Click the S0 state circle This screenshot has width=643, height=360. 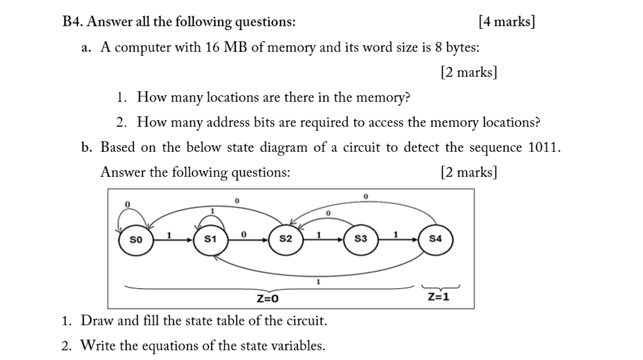(135, 240)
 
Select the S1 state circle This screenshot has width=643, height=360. (210, 240)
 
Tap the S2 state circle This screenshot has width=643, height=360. (285, 240)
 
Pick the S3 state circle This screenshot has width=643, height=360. (360, 240)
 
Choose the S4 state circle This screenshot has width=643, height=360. (435, 240)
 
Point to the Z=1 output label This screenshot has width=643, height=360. (438, 297)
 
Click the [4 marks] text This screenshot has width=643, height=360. (506, 22)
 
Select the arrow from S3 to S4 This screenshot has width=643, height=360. (398, 240)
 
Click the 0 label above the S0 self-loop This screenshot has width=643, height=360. (127, 204)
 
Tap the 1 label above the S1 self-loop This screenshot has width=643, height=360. (213, 210)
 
